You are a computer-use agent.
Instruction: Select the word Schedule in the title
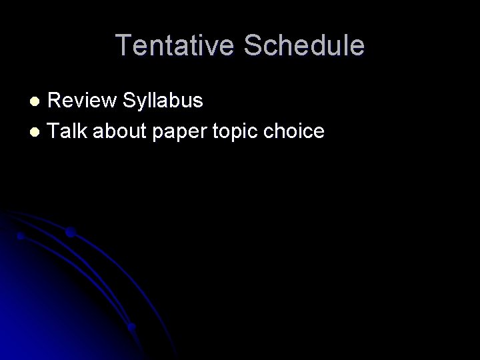(x=305, y=45)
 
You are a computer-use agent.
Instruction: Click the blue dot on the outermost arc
(x=70, y=233)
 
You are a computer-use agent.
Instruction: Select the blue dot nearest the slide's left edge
(x=21, y=236)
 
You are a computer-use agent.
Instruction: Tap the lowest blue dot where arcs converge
(x=132, y=327)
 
